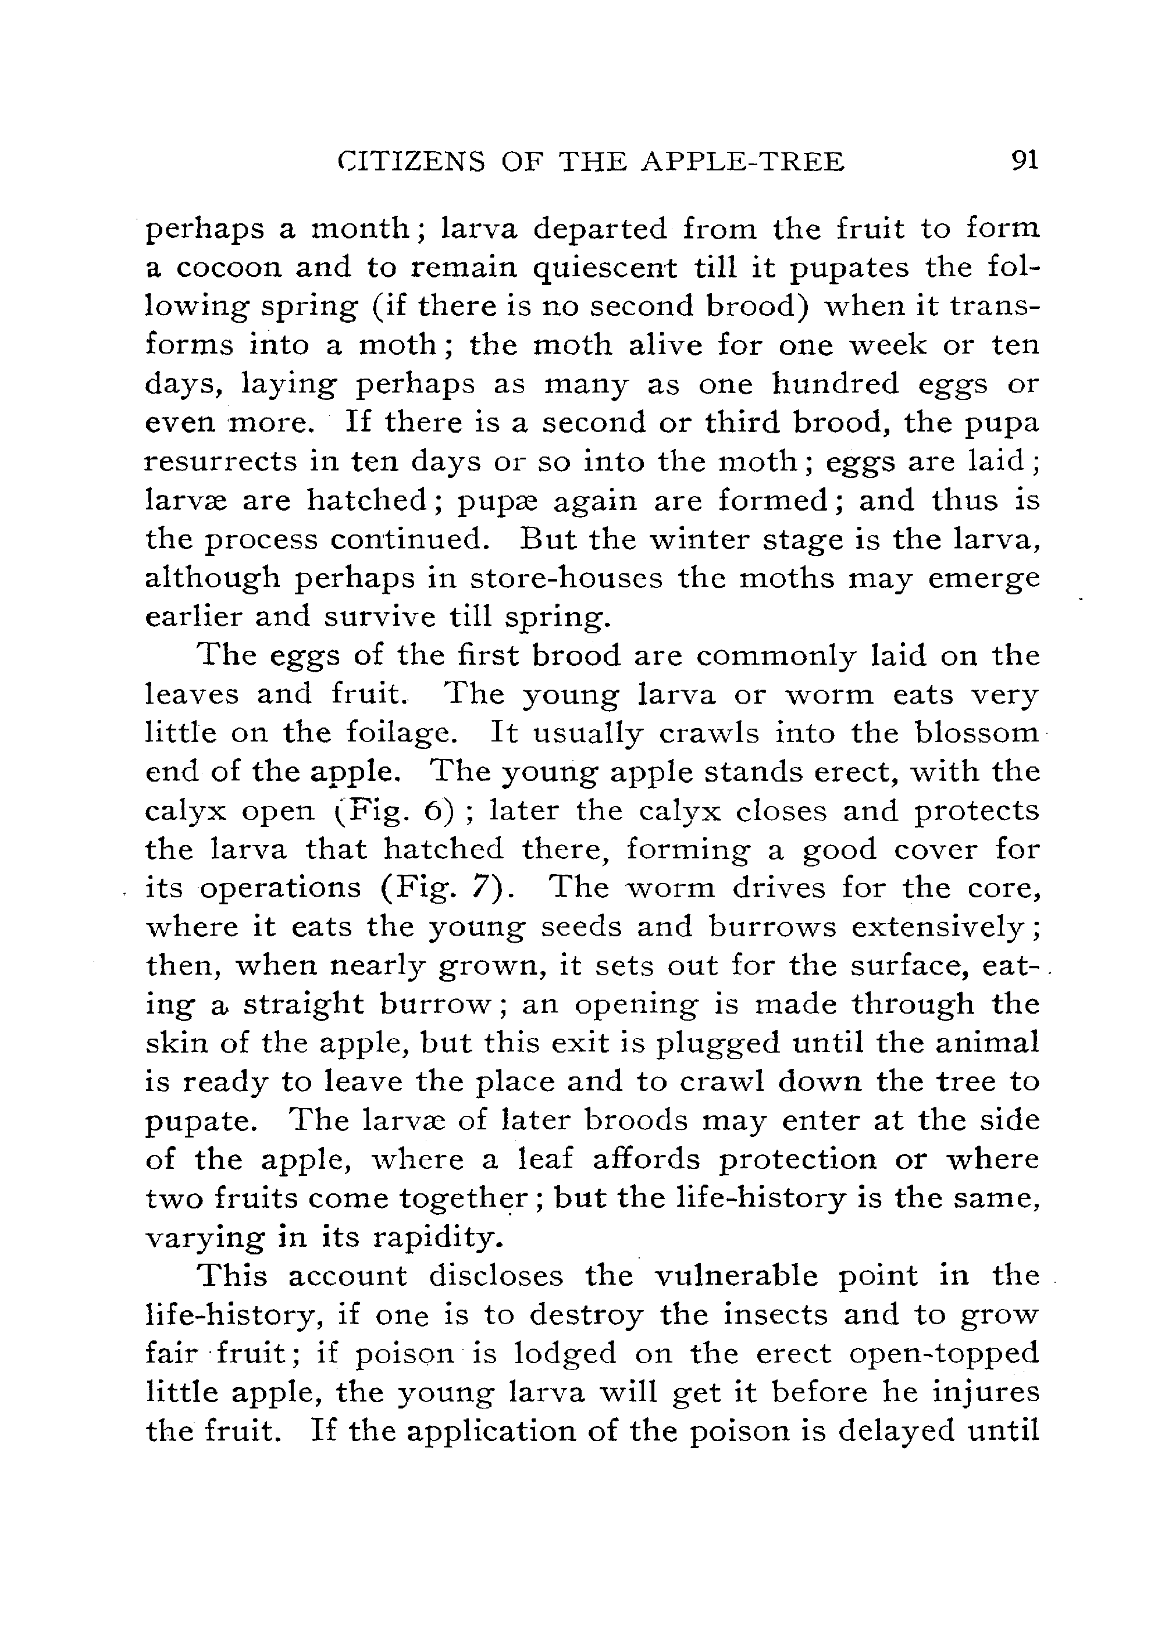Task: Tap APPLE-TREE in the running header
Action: tap(742, 162)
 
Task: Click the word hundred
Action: tap(835, 384)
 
